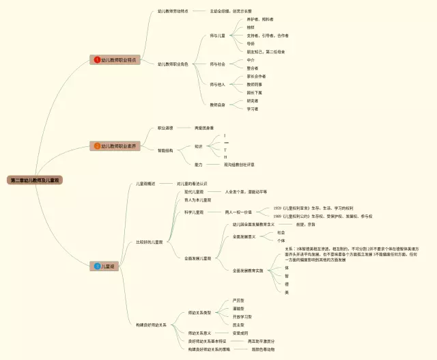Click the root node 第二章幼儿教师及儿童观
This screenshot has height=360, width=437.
pos(36,180)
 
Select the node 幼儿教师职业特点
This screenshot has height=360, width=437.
pos(117,60)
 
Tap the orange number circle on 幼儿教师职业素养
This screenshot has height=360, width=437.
pos(97,146)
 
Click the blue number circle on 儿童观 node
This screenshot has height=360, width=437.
pos(97,266)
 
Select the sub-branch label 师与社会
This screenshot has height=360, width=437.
pos(217,64)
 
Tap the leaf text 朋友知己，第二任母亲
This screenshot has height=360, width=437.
pos(266,52)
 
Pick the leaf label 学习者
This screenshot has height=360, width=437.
pos(253,109)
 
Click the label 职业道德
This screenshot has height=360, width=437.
pos(165,128)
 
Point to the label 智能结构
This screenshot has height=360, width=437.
pos(165,150)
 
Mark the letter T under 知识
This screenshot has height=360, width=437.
pos(225,150)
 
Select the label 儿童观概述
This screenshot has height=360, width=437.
pos(146,184)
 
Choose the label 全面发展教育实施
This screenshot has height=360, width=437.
pos(248,271)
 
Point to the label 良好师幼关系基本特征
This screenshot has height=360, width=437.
pos(207,341)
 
